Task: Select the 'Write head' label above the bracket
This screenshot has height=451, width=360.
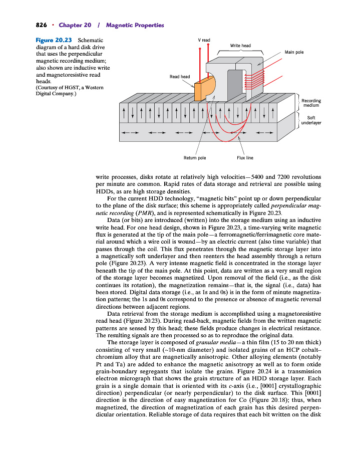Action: click(240, 46)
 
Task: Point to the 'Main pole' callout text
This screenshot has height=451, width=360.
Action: click(294, 52)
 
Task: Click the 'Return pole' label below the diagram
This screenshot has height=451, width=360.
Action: click(195, 158)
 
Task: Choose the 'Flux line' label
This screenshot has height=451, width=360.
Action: click(245, 158)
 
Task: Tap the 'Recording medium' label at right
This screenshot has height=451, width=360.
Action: click(311, 103)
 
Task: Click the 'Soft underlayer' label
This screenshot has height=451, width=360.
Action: click(311, 120)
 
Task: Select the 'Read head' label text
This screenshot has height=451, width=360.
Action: click(180, 77)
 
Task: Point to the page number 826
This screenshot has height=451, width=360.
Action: click(41, 25)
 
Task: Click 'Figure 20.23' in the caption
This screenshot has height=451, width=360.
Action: click(54, 40)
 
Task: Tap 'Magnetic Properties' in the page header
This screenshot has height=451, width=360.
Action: click(135, 25)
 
